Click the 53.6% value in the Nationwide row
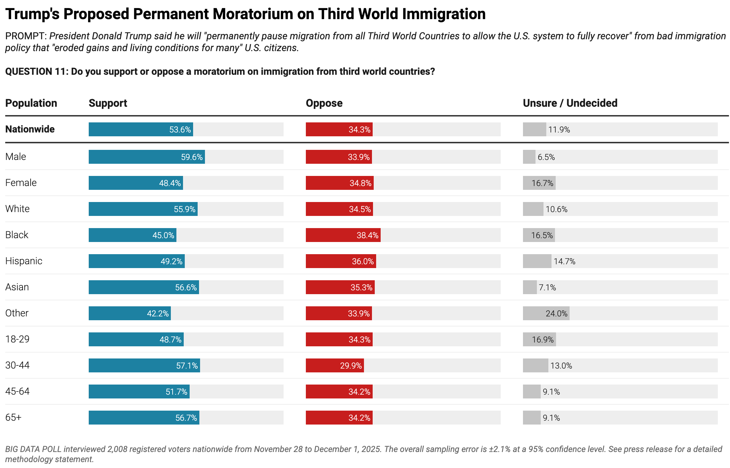(x=180, y=130)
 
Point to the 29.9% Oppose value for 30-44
(x=351, y=366)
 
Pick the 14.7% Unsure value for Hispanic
(x=564, y=261)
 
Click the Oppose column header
(x=324, y=103)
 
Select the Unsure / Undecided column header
(x=570, y=103)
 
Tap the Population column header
(x=31, y=103)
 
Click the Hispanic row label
(x=24, y=261)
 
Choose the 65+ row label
(x=13, y=418)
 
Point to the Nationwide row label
(x=30, y=129)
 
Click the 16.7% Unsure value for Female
(x=542, y=183)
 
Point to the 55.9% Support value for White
(x=184, y=209)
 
